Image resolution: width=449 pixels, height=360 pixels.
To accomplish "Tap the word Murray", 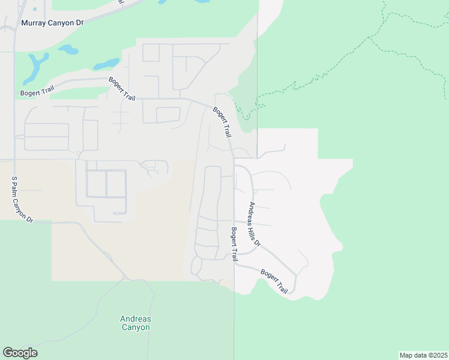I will pos(34,23).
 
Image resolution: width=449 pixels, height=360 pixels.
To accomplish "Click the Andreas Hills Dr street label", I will pos(255,224).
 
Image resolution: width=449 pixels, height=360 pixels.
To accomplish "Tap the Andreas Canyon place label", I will pos(136,323).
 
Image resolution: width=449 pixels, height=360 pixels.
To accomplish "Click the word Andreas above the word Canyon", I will pos(136,319).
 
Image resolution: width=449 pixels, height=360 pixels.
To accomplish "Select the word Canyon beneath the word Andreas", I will pos(136,328).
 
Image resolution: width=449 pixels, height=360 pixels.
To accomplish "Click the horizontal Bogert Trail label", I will pos(38,92).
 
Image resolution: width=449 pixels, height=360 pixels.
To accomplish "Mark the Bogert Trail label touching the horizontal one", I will pos(122,89).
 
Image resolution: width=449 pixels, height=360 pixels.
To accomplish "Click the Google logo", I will pos(20,353).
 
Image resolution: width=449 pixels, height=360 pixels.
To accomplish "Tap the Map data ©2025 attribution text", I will pos(424,355).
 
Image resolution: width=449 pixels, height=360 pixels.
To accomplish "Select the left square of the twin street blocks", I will pos(96,184).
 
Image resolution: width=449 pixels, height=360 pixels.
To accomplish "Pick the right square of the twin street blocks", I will pos(116,184).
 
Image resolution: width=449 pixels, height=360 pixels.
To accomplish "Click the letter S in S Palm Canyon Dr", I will pos(14,179).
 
